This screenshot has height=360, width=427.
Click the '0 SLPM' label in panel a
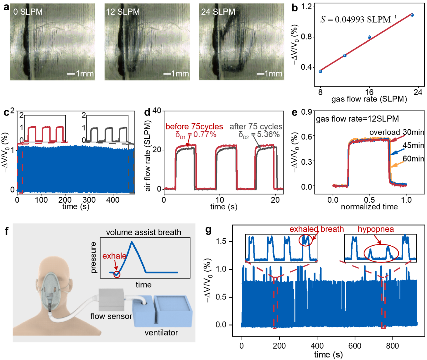[x=28, y=12]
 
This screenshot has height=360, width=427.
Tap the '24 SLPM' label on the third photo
[x=218, y=12]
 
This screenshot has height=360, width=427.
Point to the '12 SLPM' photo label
[x=123, y=12]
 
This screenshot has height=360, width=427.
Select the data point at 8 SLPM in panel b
[x=320, y=71]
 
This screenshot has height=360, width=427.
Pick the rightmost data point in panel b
[x=412, y=15]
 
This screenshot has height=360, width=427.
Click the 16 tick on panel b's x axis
[x=369, y=92]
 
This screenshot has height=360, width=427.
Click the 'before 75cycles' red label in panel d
[x=194, y=127]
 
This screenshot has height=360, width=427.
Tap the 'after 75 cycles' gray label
[x=256, y=127]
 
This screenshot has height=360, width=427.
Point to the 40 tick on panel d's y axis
[x=157, y=111]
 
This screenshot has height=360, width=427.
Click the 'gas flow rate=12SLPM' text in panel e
[x=357, y=119]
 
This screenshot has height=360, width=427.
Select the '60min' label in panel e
[x=413, y=159]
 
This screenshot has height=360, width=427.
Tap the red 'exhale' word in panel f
[x=114, y=256]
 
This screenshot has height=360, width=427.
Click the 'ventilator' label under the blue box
[x=161, y=333]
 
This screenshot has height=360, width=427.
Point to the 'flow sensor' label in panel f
[x=111, y=316]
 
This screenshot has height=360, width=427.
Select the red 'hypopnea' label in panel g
[x=376, y=229]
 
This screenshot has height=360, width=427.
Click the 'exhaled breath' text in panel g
[x=316, y=229]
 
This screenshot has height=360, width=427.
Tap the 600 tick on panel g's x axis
[x=355, y=346]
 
